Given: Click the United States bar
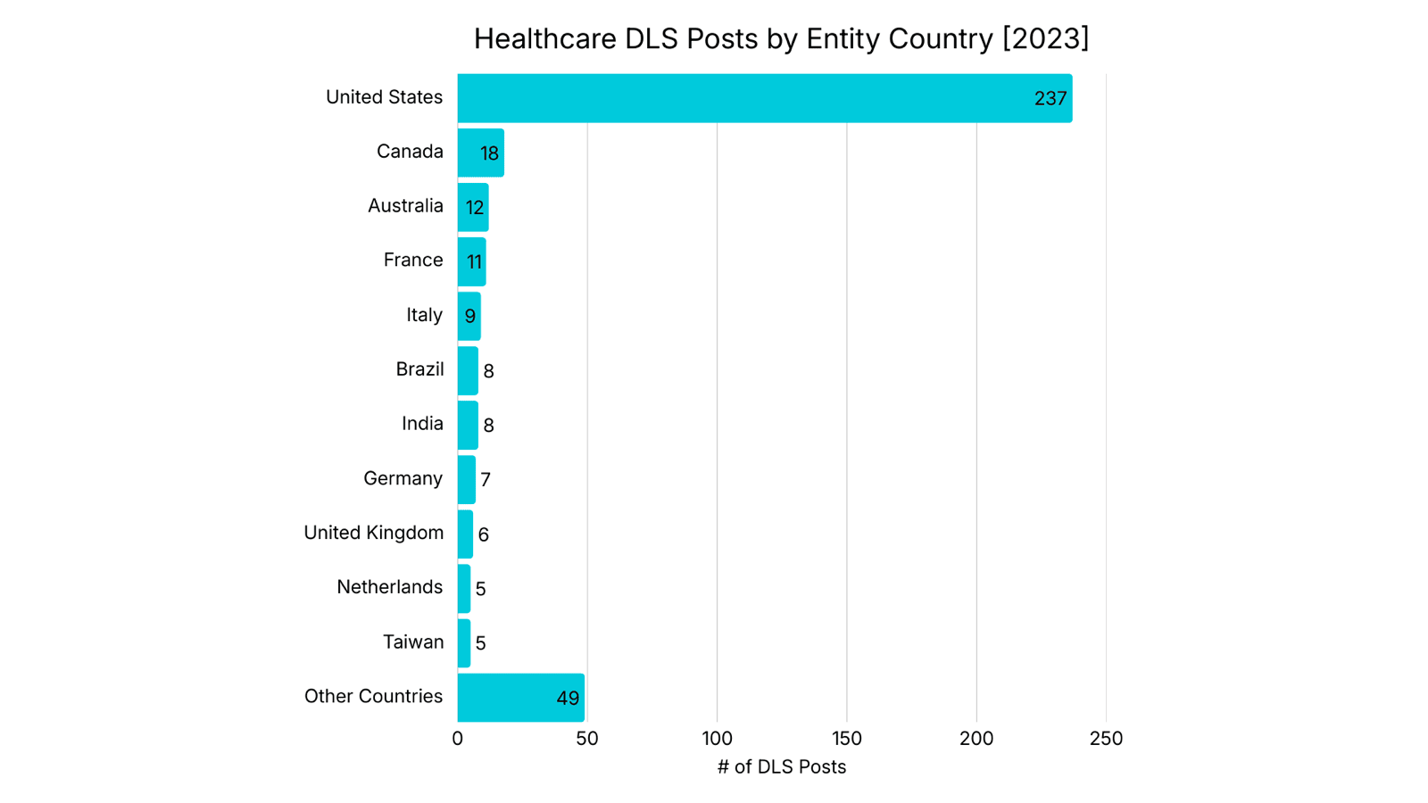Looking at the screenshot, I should tap(764, 98).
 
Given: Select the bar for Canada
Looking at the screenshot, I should tap(480, 153).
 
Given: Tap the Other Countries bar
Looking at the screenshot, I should tap(520, 698).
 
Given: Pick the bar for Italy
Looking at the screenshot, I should tap(469, 316).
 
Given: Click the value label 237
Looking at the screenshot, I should tap(1050, 99).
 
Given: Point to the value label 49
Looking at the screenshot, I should tap(568, 699).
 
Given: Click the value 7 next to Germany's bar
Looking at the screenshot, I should tap(486, 480).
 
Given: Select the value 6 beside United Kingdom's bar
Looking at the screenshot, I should tap(484, 534).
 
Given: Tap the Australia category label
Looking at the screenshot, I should tap(405, 206).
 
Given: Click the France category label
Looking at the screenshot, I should tap(413, 261).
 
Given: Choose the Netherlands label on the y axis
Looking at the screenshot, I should tap(389, 587).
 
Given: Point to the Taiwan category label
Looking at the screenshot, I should tap(413, 642).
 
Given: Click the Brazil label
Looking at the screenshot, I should tap(419, 369).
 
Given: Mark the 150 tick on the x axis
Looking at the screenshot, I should tap(846, 739).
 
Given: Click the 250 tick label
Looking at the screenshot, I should tap(1106, 739).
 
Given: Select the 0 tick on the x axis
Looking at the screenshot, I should tap(458, 739).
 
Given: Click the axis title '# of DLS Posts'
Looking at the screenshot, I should tap(781, 767).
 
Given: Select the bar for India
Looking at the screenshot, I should tap(468, 426).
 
